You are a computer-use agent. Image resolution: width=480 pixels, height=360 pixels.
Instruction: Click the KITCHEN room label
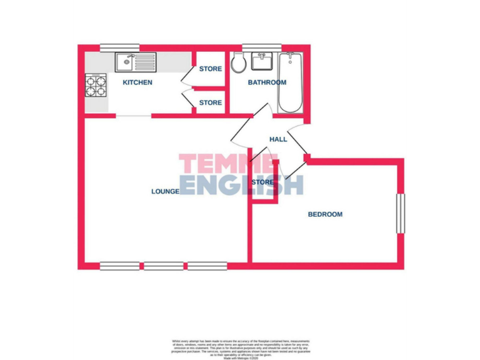click(137, 82)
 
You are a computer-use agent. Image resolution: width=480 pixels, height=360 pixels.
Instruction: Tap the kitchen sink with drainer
click(135, 62)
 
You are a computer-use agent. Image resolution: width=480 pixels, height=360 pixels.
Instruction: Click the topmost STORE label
click(210, 69)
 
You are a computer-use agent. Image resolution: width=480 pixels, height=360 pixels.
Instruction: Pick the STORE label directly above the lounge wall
click(210, 102)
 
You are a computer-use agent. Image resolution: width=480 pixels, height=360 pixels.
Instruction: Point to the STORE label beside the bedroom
click(262, 182)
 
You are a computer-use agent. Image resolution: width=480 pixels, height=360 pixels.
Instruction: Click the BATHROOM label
click(267, 82)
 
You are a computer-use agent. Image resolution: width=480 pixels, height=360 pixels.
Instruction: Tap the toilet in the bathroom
click(238, 62)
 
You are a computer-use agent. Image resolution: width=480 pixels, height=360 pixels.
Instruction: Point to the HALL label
click(278, 139)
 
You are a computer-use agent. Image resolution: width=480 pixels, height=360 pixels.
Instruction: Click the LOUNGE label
click(166, 191)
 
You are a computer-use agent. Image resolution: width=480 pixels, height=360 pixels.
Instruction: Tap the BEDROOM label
click(325, 214)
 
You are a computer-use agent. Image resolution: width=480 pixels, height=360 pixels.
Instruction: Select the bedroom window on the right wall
click(401, 214)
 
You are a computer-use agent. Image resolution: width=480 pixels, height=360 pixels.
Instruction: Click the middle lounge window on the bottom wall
click(164, 266)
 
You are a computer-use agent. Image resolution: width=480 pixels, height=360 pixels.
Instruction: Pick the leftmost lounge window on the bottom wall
click(120, 266)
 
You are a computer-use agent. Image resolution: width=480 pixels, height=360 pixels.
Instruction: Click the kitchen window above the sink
click(119, 46)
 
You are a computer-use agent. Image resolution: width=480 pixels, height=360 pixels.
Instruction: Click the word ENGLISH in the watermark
click(241, 186)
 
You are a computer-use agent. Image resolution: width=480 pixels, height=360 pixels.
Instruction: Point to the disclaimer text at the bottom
click(240, 347)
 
